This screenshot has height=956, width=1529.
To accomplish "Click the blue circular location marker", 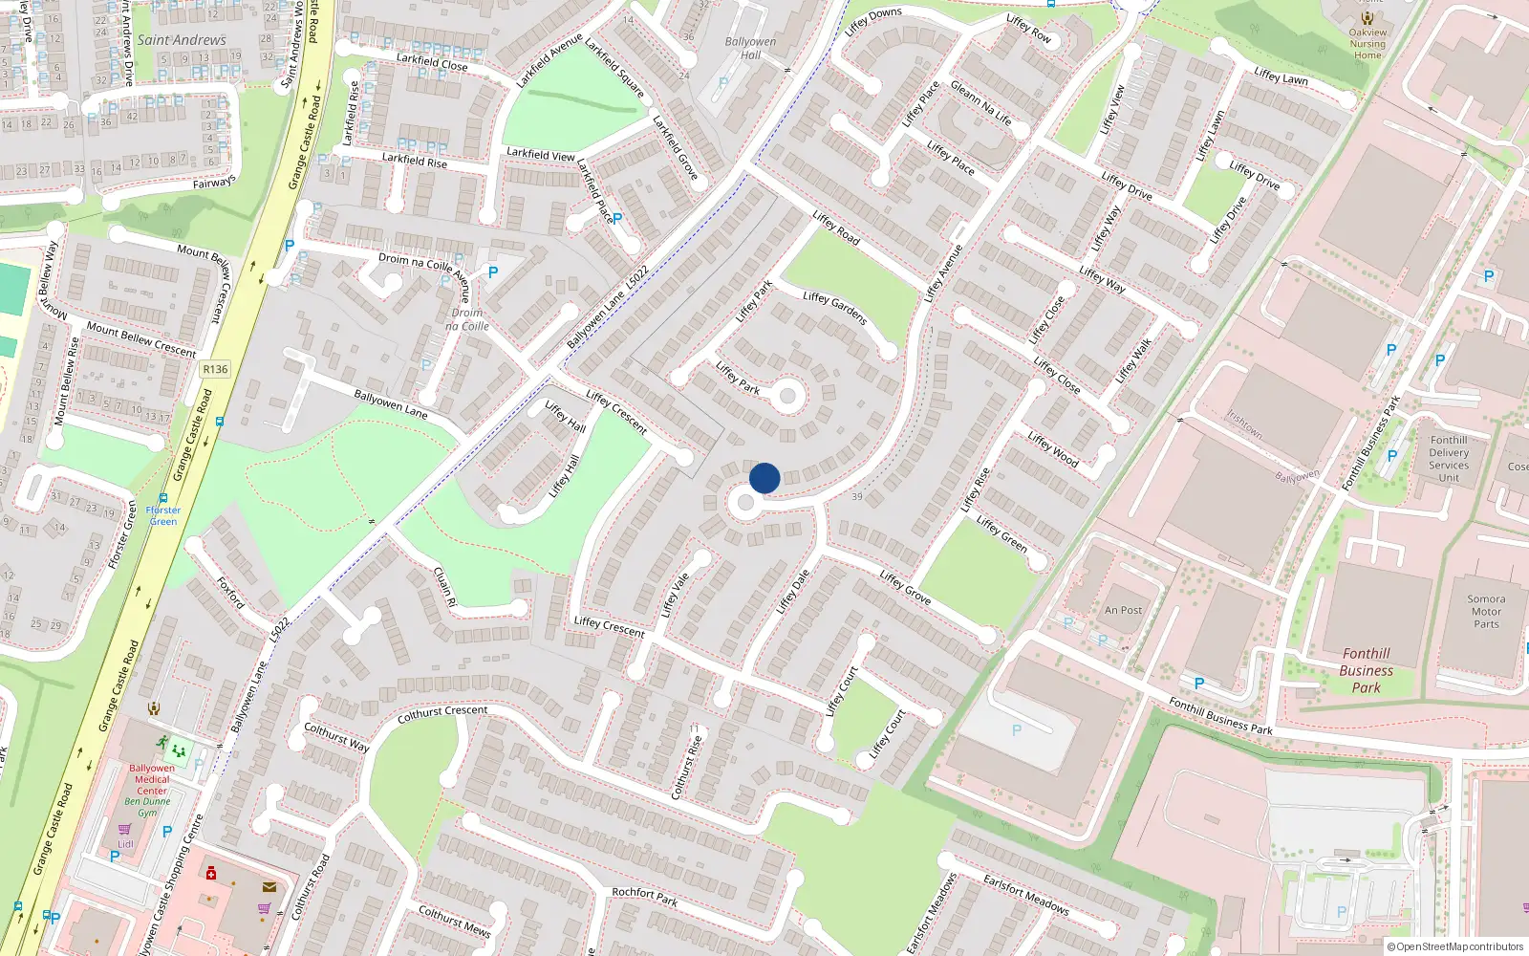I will coord(764,478).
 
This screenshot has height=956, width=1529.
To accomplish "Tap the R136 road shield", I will coord(215,369).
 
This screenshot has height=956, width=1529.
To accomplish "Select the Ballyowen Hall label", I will coord(750,48).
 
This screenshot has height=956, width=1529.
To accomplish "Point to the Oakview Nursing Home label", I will coord(1367,43).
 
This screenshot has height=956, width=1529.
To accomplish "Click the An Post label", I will coord(1123,610).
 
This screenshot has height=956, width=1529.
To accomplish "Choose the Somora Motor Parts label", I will coord(1486,612).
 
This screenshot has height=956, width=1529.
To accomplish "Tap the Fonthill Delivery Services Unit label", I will coord(1449,459).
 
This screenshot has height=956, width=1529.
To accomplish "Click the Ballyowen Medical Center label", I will coord(152,779).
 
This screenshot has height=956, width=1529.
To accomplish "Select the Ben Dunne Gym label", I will coord(147,807).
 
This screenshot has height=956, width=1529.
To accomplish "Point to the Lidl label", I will coord(126,844).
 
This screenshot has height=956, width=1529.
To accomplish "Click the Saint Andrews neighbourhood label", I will coord(182,40).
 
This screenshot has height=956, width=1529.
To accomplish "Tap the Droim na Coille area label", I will coord(467,319).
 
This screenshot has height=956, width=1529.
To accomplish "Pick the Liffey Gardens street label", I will coord(834,308).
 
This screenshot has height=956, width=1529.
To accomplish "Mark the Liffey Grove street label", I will coord(905,587).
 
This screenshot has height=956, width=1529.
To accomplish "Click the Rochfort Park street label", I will coord(645,896).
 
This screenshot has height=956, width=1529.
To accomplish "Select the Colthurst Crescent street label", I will coord(441,713).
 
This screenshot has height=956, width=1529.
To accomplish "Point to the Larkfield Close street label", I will coord(432,62).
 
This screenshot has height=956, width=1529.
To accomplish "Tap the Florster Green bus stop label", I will coord(162,515).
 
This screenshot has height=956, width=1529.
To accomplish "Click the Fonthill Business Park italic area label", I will coord(1366,670).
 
